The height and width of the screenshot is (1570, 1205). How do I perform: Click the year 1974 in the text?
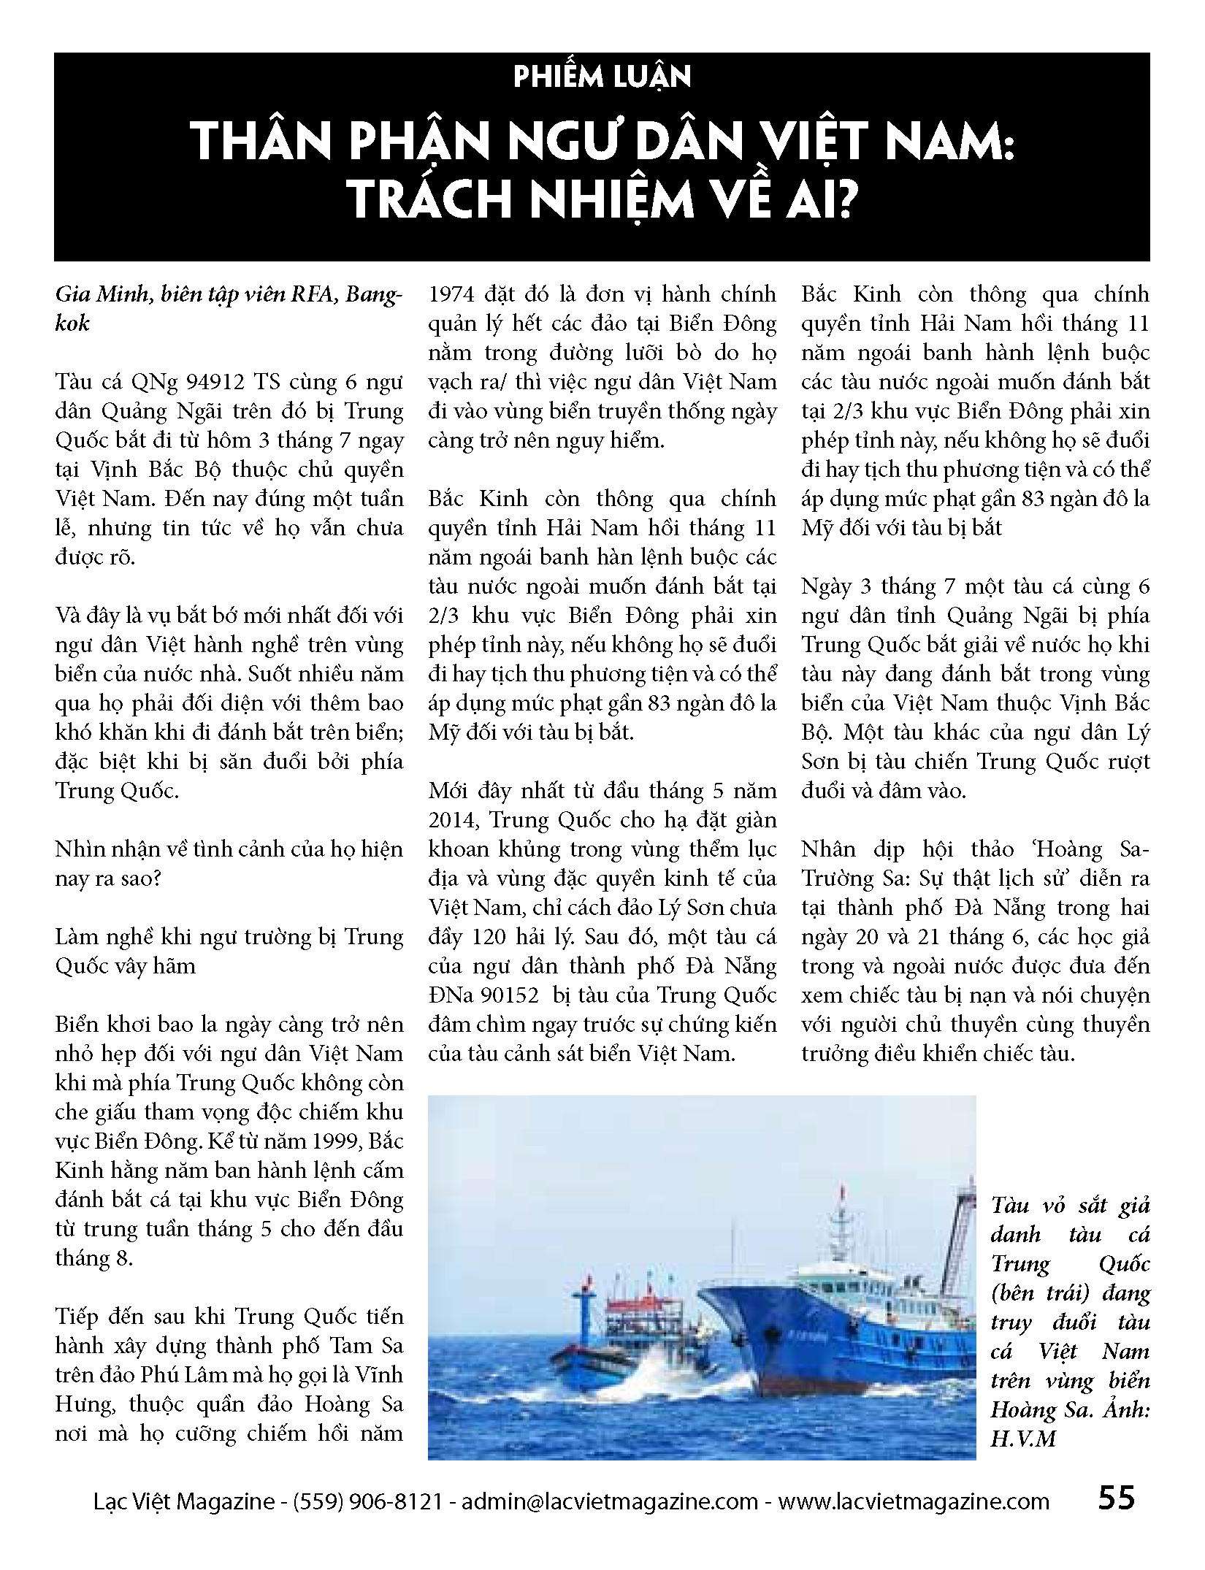point(456,295)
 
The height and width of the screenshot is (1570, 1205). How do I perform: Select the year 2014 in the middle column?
point(453,820)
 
